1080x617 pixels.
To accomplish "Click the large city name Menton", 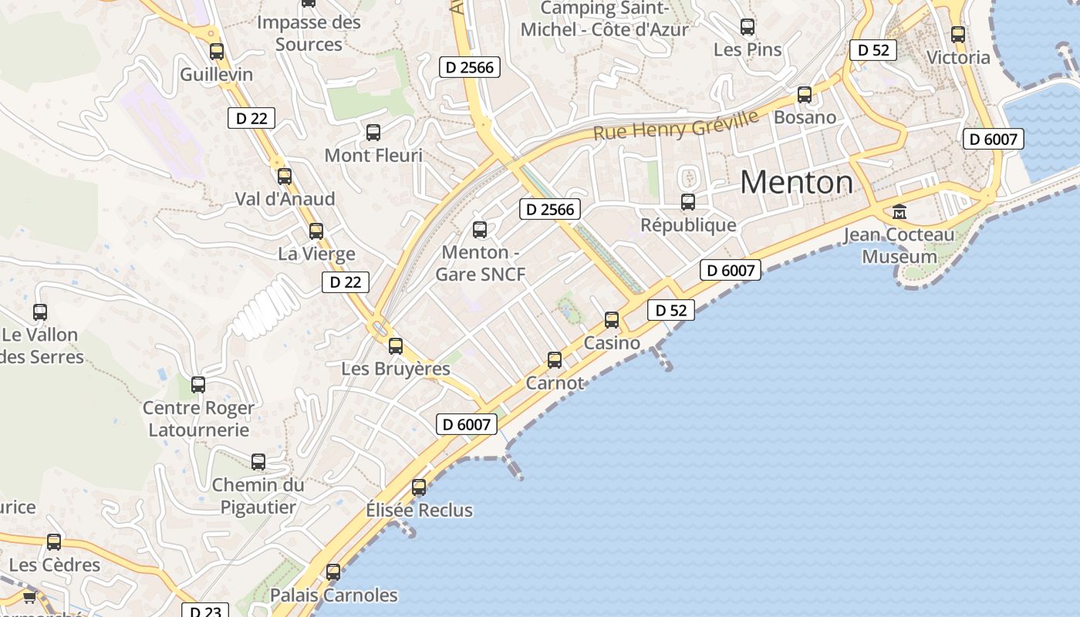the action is point(796,183).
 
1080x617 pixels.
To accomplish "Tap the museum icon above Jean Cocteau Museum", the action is point(899,211).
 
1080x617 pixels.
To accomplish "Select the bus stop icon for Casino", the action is point(612,319).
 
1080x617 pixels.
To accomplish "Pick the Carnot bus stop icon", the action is point(555,359).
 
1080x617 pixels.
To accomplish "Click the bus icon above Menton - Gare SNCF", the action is point(480,229).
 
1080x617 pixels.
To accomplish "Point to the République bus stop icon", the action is point(688,202).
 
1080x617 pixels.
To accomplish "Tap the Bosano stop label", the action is point(805,117).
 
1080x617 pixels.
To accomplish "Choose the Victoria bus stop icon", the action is point(958,34).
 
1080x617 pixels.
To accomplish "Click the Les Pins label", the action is point(748,50).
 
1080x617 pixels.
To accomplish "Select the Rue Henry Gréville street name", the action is point(676,125).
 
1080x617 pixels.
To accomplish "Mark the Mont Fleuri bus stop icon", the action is point(373,132).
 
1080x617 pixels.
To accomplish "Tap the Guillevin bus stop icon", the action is point(217,52).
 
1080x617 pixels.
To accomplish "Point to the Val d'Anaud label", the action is point(285,199).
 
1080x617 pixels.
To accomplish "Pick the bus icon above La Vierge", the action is point(316,231).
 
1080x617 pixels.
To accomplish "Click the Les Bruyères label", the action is point(396,369).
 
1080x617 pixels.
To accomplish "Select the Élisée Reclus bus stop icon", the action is point(419,487).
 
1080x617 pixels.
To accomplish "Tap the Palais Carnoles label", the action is point(333,595).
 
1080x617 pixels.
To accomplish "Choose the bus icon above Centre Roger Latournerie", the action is point(198,384).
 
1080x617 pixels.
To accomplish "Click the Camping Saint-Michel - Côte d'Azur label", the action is point(604,19).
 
